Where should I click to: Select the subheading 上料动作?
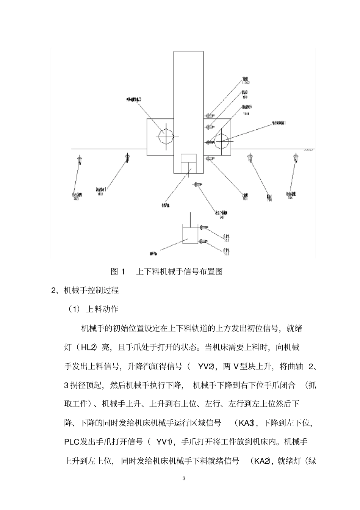pyautogui.click(x=102, y=309)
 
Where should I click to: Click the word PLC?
pyautogui.click(x=72, y=442)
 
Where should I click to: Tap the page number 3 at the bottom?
pyautogui.click(x=184, y=479)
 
